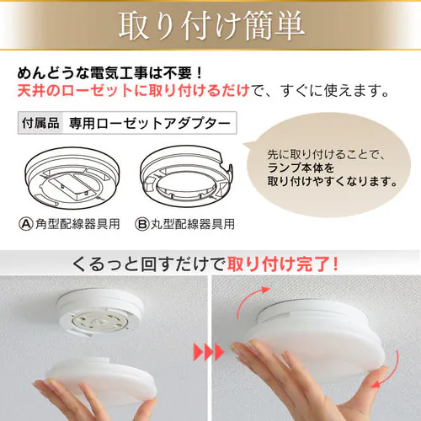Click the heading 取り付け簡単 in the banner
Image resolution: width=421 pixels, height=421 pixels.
[x=212, y=26]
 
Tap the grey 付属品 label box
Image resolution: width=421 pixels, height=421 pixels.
[x=40, y=123]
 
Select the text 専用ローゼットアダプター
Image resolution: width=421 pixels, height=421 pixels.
[x=150, y=123]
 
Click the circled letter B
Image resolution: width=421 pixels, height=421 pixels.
[x=142, y=224]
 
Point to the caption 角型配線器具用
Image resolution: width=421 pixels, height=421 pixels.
[x=77, y=224]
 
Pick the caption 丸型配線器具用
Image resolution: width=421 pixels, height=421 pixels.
[x=193, y=224]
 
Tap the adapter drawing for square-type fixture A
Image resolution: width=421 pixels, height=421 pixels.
[x=72, y=178]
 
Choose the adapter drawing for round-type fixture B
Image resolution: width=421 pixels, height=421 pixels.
[x=186, y=176]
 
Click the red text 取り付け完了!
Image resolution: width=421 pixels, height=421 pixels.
[x=283, y=264]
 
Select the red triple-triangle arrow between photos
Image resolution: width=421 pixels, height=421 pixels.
[x=209, y=352]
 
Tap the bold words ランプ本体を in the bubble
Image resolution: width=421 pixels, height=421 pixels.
[x=301, y=168]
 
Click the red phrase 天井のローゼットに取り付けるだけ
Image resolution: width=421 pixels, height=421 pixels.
[x=133, y=90]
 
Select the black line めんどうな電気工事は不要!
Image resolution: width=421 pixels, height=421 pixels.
[x=110, y=72]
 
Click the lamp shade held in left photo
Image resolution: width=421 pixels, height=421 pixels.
[x=102, y=376]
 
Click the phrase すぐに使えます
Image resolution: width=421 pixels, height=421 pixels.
[x=334, y=90]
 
